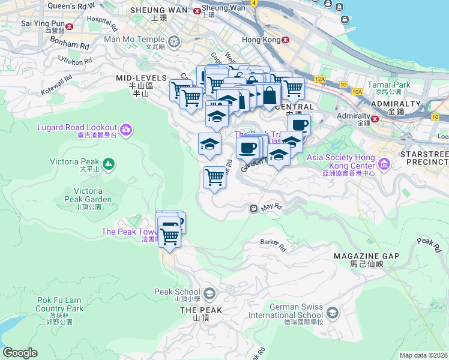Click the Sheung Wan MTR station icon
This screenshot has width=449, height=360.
click(x=196, y=10)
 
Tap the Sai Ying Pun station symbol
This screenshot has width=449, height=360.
click(x=70, y=26)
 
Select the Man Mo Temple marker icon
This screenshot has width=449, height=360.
click(x=174, y=41)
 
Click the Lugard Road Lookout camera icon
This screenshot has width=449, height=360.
click(x=126, y=130)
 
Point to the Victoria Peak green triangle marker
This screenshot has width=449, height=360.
click(x=108, y=163)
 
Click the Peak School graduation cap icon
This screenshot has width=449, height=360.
click(x=209, y=293)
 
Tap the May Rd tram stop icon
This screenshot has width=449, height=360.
click(x=253, y=208)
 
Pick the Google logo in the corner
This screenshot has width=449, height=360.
click(x=20, y=353)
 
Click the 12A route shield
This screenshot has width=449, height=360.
click(x=320, y=79)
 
